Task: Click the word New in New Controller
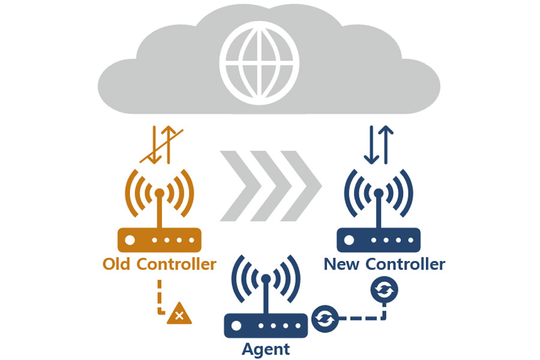342,264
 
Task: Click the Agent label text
266,349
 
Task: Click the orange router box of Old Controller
159,240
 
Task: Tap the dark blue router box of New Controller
379,240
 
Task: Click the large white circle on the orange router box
130,240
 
